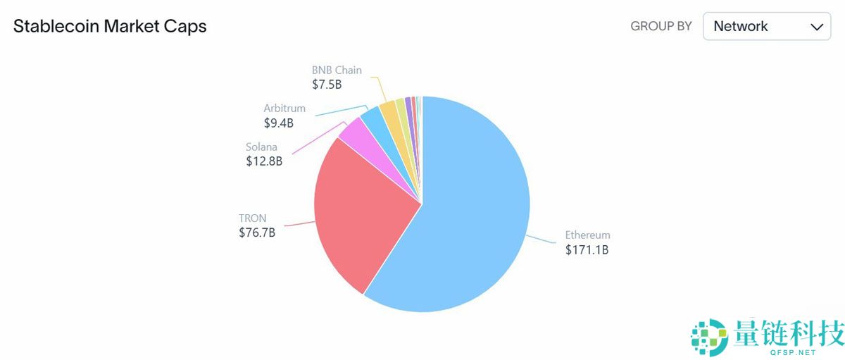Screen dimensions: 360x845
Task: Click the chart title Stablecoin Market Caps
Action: [110, 27]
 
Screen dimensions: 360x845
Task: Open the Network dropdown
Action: [766, 27]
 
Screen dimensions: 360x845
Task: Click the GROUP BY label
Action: [661, 27]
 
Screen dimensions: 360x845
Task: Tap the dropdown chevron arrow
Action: [817, 27]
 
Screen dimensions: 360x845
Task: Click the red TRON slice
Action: [366, 211]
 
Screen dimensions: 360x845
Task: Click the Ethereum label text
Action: [587, 235]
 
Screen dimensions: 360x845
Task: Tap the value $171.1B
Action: [587, 250]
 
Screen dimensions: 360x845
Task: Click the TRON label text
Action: [253, 218]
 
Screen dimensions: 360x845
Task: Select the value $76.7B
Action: [257, 232]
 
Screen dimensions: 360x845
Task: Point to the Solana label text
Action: [261, 147]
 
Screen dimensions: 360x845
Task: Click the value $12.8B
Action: [264, 161]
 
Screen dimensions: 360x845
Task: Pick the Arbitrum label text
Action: [284, 108]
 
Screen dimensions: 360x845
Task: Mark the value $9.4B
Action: [279, 123]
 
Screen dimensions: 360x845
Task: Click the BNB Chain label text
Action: [337, 70]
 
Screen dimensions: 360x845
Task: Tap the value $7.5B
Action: [327, 85]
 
